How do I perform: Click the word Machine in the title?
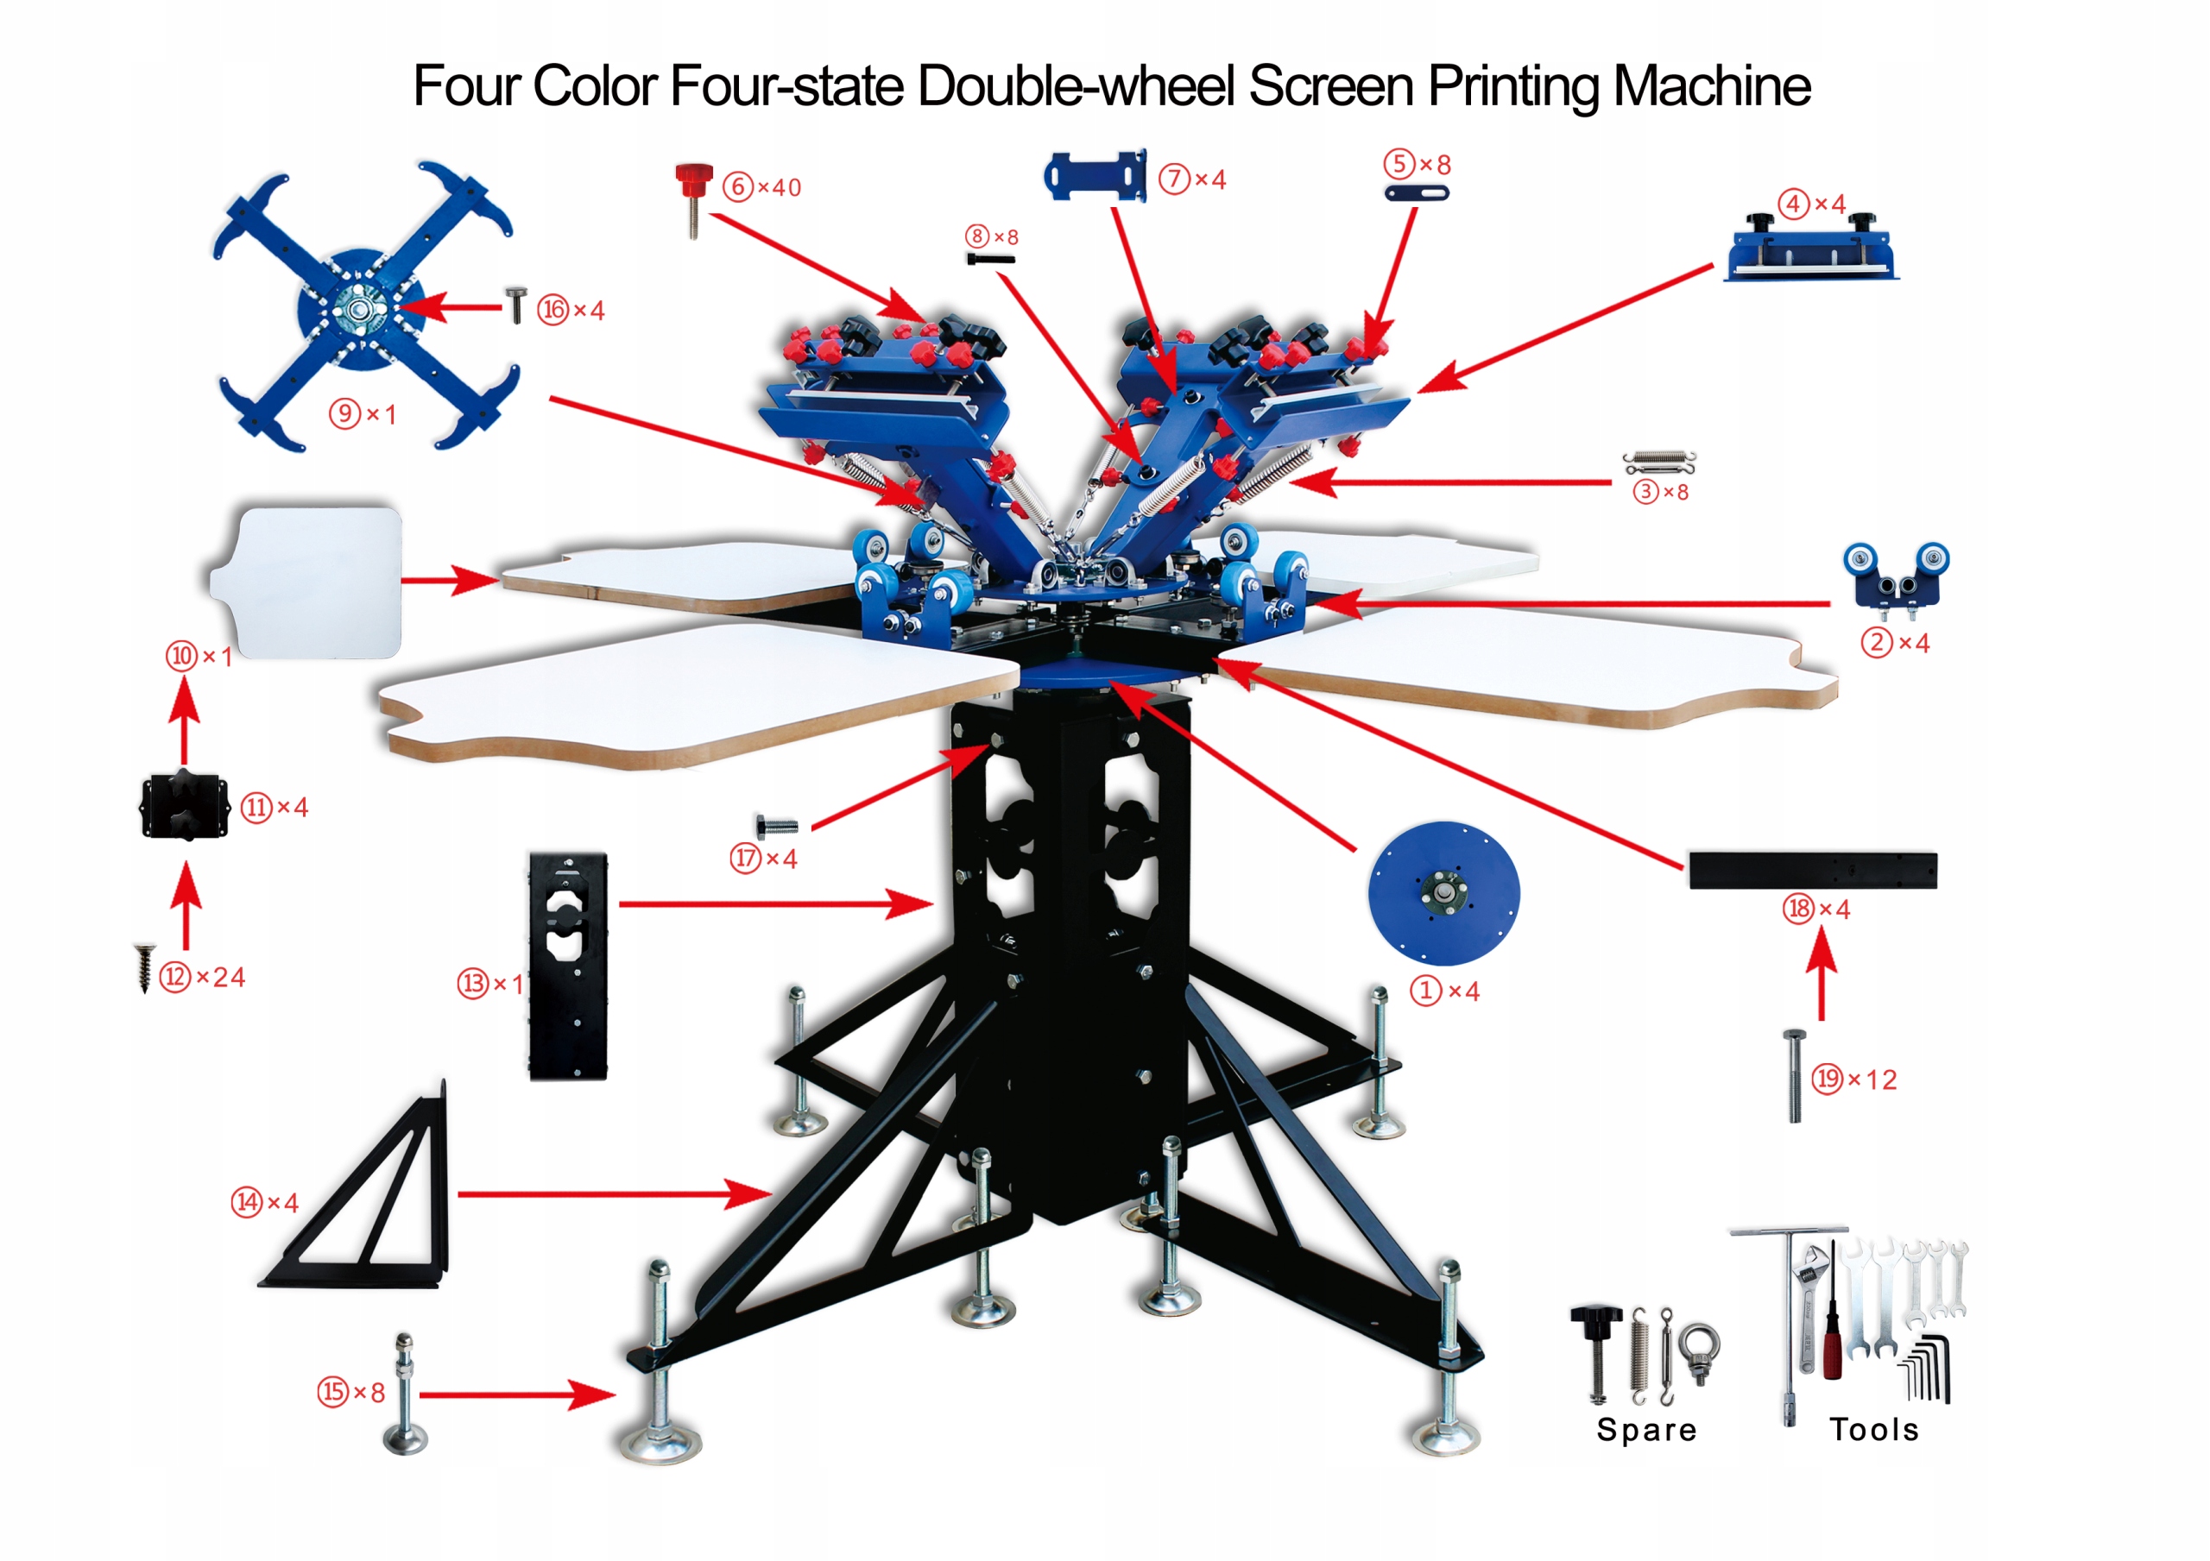(x=1710, y=86)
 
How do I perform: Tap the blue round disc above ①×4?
(x=1443, y=892)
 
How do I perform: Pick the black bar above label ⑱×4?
(x=1813, y=870)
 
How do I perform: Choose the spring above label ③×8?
(x=1658, y=463)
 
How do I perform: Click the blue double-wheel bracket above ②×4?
(x=1895, y=576)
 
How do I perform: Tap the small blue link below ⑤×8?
(x=1416, y=193)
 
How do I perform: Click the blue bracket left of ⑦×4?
(x=1096, y=176)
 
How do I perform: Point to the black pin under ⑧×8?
(x=990, y=259)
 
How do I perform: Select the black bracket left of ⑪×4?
(x=184, y=807)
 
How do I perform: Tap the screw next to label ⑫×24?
(x=144, y=966)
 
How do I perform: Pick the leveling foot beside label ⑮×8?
(x=405, y=1393)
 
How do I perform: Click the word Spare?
(x=1646, y=1429)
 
